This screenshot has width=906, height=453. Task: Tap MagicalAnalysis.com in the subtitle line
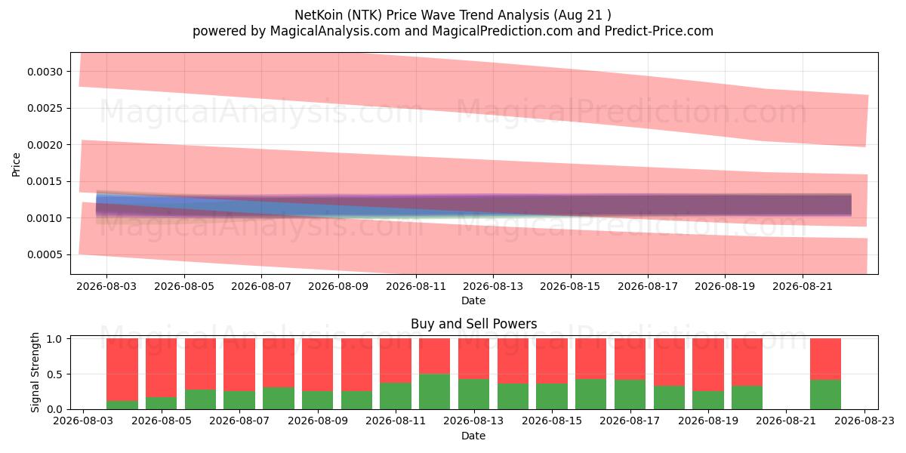coord(335,31)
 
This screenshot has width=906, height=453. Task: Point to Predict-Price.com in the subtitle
coord(659,31)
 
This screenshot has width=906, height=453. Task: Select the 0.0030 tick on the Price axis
coord(45,72)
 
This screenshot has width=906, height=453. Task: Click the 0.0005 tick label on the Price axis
coord(45,255)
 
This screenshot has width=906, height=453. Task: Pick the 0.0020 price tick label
coord(45,145)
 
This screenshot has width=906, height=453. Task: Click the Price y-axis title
coord(16,165)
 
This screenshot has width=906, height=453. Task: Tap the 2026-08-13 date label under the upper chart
coord(493,286)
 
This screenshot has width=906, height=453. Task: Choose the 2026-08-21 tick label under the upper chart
coord(803,286)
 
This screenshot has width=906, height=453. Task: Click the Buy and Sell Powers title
coord(473,324)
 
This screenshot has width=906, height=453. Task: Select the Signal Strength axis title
coord(35,372)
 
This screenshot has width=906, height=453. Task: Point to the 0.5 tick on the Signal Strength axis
coord(54,374)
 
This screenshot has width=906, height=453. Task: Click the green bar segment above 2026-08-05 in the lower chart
coord(161,403)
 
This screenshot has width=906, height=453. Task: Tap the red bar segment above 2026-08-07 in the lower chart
coord(239,365)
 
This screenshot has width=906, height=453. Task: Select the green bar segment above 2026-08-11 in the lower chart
coord(395,396)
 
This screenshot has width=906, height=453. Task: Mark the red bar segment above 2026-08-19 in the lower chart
coord(708,365)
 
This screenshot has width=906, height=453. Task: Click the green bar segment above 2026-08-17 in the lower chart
coord(630,394)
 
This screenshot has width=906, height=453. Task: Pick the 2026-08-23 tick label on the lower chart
coord(864,421)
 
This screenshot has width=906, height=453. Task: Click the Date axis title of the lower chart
coord(473,436)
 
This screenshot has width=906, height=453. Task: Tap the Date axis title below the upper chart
coord(473,301)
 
